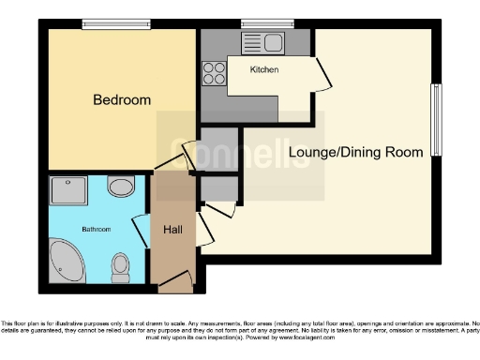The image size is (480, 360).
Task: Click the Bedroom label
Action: point(121,100)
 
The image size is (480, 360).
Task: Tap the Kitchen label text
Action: point(263,70)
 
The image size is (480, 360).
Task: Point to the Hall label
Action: point(173,229)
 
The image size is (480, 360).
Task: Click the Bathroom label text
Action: point(96,229)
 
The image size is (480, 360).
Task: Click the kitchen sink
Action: point(263,42)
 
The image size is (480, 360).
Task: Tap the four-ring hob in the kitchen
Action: point(213,73)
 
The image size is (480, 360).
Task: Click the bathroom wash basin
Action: point(120,187)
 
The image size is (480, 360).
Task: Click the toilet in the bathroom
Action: point(120,268)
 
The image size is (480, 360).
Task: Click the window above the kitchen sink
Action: point(255,24)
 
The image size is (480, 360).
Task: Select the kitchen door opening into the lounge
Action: point(322,74)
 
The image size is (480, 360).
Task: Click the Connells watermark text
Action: point(240,153)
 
